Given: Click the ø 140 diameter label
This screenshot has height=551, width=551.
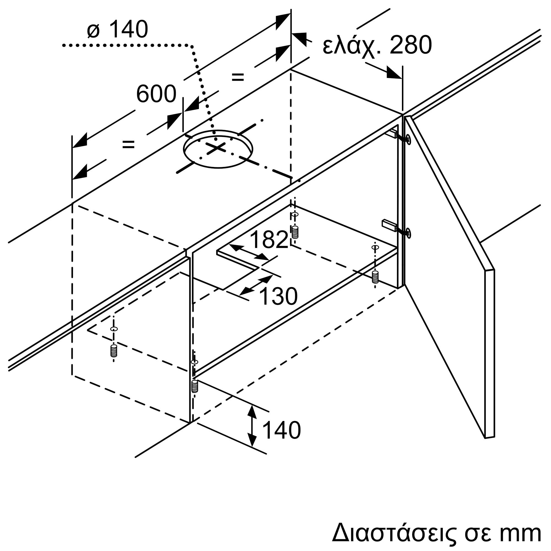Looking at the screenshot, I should (x=118, y=29).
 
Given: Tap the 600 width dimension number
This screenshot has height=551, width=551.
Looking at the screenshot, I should (x=156, y=94).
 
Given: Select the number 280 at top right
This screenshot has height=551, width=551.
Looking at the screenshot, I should (x=411, y=45).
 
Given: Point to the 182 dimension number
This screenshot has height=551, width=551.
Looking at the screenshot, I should (x=269, y=240).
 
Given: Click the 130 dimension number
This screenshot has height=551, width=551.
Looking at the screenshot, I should (x=278, y=297).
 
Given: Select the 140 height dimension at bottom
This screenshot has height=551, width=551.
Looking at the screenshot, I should (x=281, y=438).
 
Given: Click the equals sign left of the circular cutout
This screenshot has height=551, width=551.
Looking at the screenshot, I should (x=128, y=145).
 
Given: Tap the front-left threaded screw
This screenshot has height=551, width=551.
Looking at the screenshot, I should (x=114, y=350).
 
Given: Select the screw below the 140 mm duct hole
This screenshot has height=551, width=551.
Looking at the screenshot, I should (x=295, y=232).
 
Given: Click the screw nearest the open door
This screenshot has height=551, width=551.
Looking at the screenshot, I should (x=375, y=277).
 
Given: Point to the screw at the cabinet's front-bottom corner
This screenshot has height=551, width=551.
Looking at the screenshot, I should (x=195, y=387).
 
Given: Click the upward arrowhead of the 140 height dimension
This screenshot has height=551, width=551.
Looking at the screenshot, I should (x=252, y=411).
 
